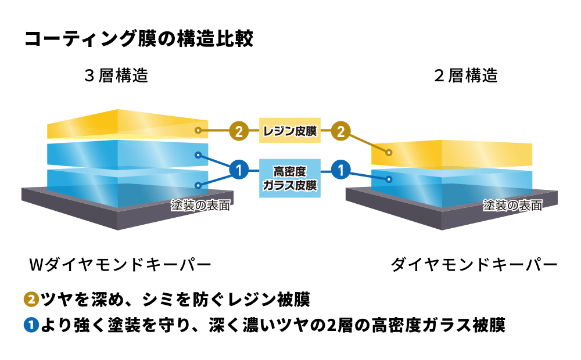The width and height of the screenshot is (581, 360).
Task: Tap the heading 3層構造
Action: click(x=116, y=75)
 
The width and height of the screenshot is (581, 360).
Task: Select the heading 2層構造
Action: click(x=466, y=75)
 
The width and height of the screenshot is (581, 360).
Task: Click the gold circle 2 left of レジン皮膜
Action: click(x=239, y=131)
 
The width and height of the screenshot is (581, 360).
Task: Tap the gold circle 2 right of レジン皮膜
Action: click(x=341, y=131)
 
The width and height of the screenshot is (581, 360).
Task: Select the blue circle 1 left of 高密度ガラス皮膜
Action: click(x=239, y=170)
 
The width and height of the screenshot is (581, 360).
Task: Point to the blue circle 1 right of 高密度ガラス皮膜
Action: click(x=341, y=170)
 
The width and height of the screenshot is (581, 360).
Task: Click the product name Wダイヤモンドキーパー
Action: click(x=120, y=265)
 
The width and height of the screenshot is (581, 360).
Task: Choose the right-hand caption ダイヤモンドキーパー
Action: click(x=474, y=265)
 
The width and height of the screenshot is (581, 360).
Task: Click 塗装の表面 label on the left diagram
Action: click(x=200, y=206)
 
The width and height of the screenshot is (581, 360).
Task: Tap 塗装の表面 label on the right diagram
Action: click(x=512, y=206)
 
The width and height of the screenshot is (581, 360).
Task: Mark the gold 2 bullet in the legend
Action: click(x=31, y=300)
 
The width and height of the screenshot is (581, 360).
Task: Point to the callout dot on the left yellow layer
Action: click(x=198, y=131)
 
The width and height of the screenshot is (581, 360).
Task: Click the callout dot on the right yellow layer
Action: click(x=389, y=153)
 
